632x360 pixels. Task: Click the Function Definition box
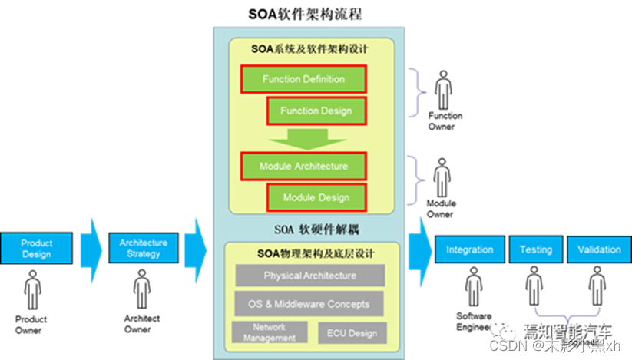click(x=303, y=79)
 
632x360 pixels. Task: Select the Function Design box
click(x=316, y=111)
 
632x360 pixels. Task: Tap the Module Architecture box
click(x=303, y=166)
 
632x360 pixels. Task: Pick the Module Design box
click(x=316, y=197)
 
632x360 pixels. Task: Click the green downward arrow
click(x=304, y=138)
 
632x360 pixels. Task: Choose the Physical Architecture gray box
click(x=309, y=276)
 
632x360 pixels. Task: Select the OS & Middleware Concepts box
click(x=309, y=304)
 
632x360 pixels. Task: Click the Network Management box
click(x=264, y=332)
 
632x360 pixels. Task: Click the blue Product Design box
click(x=36, y=249)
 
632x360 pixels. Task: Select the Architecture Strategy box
click(x=144, y=249)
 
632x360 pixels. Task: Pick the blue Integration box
click(x=469, y=249)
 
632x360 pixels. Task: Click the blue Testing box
click(x=536, y=249)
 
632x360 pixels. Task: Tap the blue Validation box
click(x=599, y=249)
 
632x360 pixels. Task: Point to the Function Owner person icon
click(x=443, y=91)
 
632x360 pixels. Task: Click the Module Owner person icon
click(x=442, y=178)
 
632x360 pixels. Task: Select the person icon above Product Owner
click(x=32, y=291)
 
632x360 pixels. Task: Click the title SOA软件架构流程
click(x=304, y=14)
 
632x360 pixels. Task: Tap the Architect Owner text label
click(x=142, y=323)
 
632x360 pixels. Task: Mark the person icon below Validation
click(x=597, y=286)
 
